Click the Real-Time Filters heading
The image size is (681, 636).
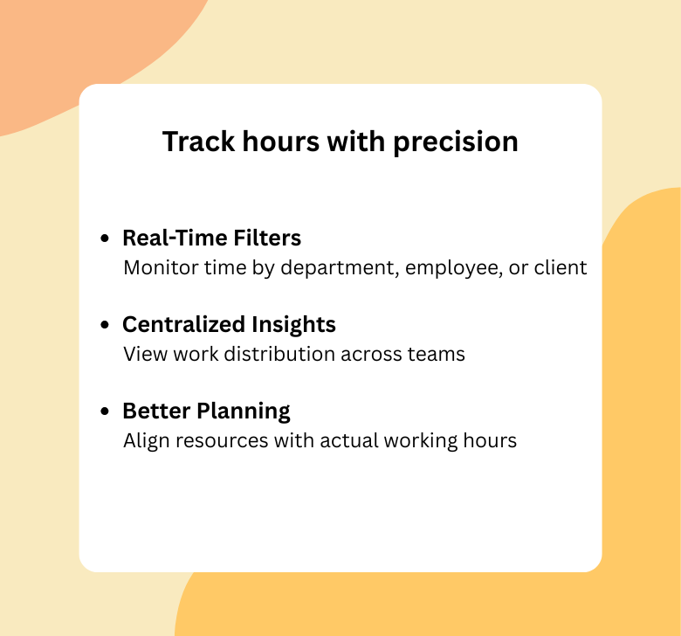point(211,238)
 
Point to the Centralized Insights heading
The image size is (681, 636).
point(229,324)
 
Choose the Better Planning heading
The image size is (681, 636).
point(206,411)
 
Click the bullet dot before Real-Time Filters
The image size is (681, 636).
point(106,238)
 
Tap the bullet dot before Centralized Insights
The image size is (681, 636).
point(106,325)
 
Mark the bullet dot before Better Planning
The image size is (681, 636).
point(106,411)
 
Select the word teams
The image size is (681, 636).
point(436,354)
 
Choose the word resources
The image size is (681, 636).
point(212,440)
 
